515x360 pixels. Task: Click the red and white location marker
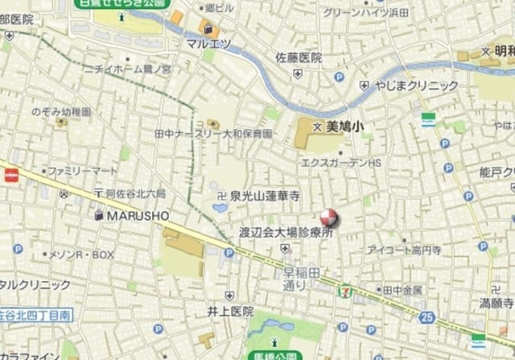pos(329,217)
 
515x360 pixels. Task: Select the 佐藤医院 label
pos(299,58)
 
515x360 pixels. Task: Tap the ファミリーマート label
pos(81,172)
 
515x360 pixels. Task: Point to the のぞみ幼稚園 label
pos(61,112)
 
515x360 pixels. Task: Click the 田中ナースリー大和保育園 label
pos(212,134)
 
